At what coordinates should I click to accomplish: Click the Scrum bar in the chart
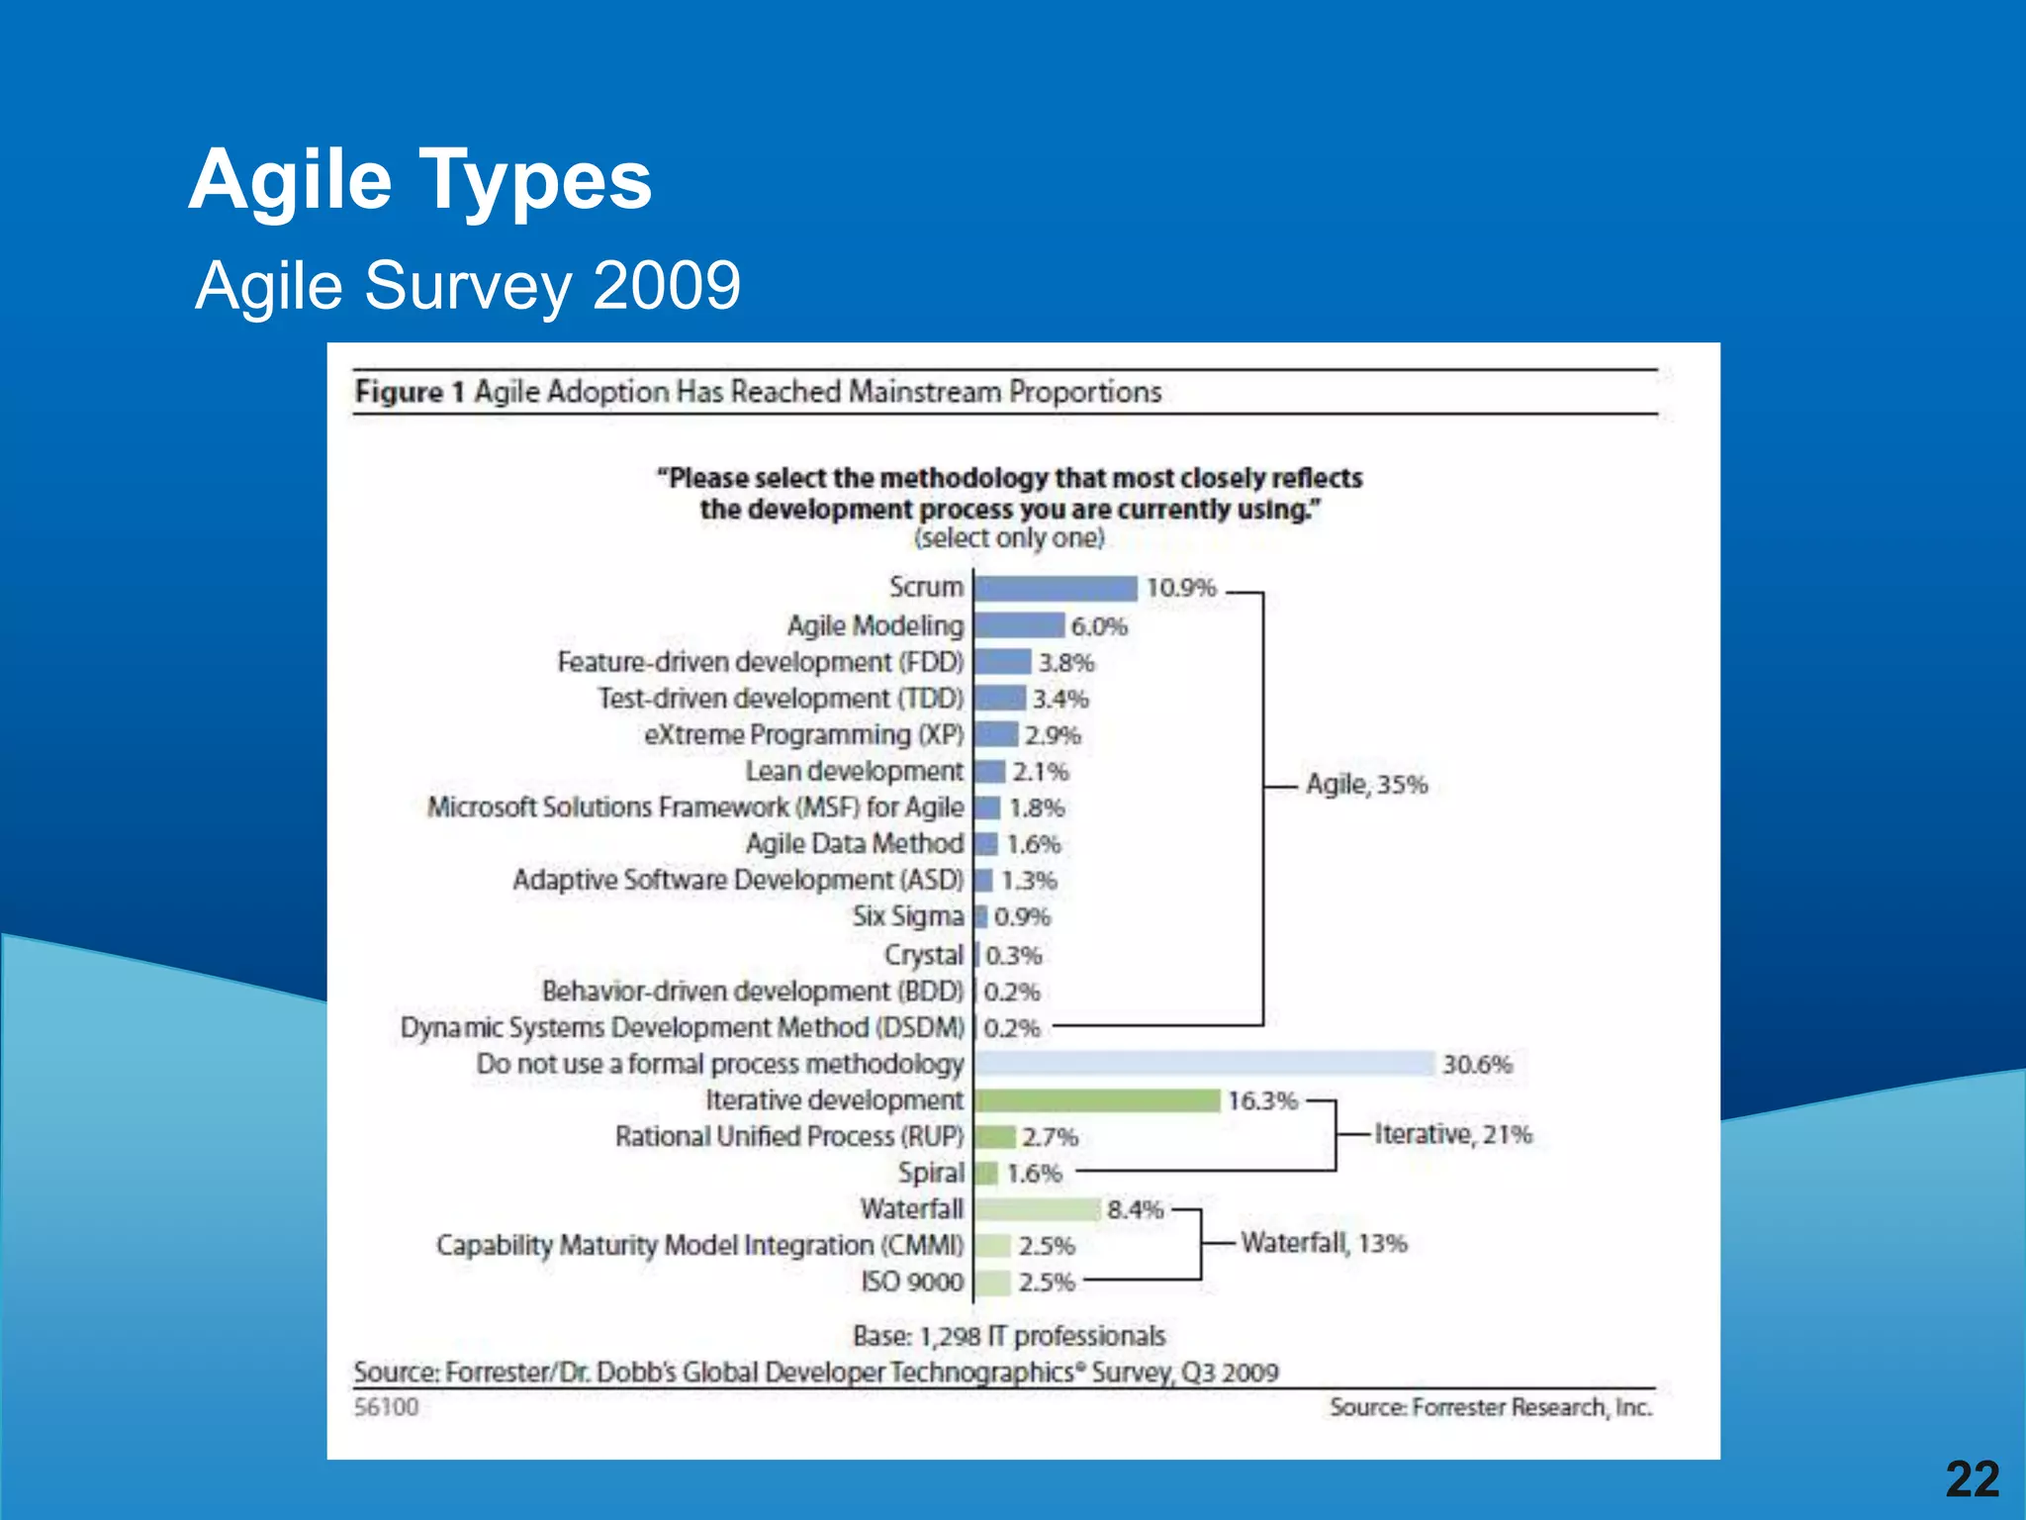click(x=1056, y=589)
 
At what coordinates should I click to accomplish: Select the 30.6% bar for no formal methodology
click(x=1204, y=1064)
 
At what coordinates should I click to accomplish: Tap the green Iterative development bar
click(x=1097, y=1100)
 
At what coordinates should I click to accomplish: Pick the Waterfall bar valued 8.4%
click(x=1037, y=1209)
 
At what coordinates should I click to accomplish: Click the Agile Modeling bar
click(x=1020, y=625)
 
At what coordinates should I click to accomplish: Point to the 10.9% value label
click(x=1181, y=588)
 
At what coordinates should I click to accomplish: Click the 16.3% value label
click(x=1262, y=1100)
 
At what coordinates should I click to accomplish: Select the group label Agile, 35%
click(x=1367, y=785)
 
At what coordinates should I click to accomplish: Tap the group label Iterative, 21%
click(x=1453, y=1134)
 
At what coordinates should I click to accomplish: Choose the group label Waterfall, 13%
click(x=1324, y=1243)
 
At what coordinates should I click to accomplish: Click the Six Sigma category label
click(x=908, y=916)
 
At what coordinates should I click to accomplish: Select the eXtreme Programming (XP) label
click(x=803, y=735)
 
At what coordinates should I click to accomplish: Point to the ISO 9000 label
click(x=911, y=1282)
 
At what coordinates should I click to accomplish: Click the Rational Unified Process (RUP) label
click(x=789, y=1136)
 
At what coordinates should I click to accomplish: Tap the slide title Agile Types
click(x=420, y=180)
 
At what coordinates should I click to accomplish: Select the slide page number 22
click(x=1972, y=1479)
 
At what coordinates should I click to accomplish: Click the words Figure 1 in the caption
click(x=410, y=392)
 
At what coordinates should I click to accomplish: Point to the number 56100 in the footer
click(x=387, y=1406)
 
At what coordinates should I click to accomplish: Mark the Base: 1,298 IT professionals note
click(x=1009, y=1336)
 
